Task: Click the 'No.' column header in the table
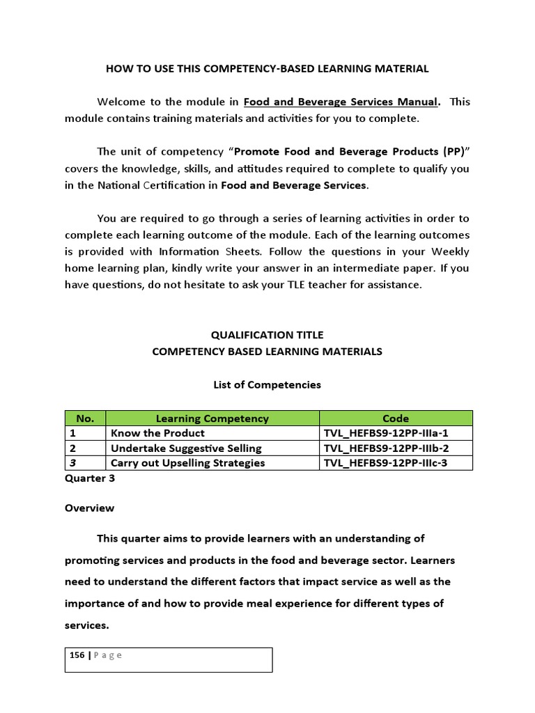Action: (x=84, y=418)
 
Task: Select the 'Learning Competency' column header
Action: (x=212, y=418)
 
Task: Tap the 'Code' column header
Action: (x=396, y=418)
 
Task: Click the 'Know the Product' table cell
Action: (x=153, y=433)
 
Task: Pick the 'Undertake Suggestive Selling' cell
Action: (x=186, y=448)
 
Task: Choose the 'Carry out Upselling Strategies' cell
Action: (x=188, y=462)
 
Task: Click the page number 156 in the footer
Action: (x=77, y=655)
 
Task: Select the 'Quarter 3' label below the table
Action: (x=88, y=478)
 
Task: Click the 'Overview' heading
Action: (x=89, y=508)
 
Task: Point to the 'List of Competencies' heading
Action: (x=267, y=384)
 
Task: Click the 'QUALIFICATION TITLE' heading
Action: (x=267, y=335)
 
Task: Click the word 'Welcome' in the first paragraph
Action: (x=121, y=102)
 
